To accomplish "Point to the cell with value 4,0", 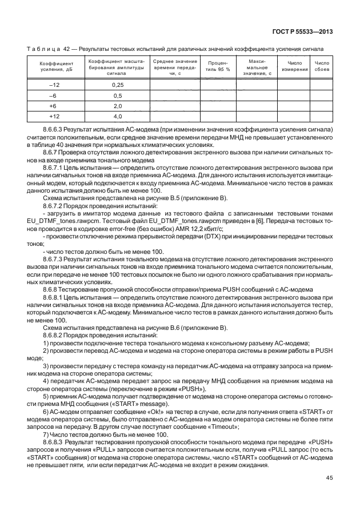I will pos(117,117).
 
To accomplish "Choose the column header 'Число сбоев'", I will pos(322,66).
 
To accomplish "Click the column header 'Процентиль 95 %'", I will pos(218,66).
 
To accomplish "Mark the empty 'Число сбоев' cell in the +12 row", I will pos(322,117).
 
